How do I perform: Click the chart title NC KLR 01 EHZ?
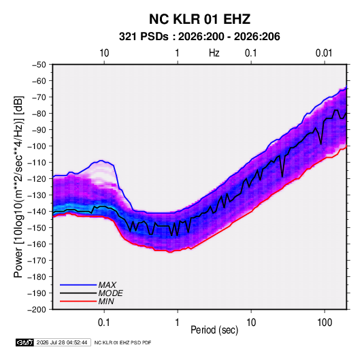199,19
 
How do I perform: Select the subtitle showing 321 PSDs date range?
199,37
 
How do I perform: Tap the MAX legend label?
107,285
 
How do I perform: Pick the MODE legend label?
110,293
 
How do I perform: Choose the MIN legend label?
106,301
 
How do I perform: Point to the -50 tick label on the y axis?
39,65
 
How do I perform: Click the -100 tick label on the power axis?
37,146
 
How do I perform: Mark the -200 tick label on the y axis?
37,310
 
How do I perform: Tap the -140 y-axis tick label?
37,212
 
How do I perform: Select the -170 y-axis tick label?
37,261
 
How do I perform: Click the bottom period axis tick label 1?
178,323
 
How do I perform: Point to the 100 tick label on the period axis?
325,323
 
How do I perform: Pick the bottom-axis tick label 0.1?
104,323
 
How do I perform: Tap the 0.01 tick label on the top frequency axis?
324,53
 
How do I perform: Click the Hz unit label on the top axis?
214,53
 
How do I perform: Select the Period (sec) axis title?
214,330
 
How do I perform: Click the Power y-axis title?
18,187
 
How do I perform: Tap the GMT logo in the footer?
25,342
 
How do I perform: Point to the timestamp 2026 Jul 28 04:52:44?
62,342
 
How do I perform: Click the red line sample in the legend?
78,301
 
